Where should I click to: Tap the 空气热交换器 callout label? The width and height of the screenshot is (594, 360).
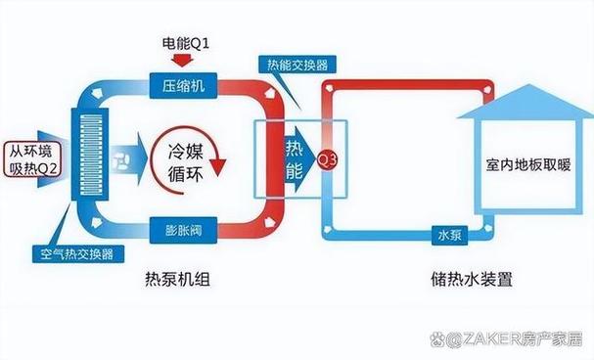pos(72,250)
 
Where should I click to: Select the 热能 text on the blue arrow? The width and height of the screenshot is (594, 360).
pos(295,157)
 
